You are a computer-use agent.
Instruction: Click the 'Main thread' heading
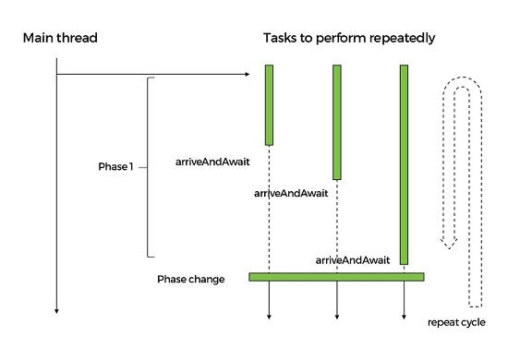[x=60, y=38]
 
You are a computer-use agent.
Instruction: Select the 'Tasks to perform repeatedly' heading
[x=349, y=38]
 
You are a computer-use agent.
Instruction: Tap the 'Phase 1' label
[x=115, y=167]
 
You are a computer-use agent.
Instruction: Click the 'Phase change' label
[x=190, y=279]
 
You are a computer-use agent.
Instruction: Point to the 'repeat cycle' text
[x=456, y=322]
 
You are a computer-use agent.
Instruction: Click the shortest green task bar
[x=269, y=104]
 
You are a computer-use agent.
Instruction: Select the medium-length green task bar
[x=337, y=122]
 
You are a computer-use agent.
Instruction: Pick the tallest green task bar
[x=404, y=164]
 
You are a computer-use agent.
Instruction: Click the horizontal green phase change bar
[x=336, y=276]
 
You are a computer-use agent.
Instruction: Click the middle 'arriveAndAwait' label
[x=291, y=193]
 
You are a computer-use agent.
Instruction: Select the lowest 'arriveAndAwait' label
[x=352, y=261]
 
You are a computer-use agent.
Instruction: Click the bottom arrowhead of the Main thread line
[x=56, y=311]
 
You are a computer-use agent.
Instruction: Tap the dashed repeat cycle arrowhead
[x=448, y=244]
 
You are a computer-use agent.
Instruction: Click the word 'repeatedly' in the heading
[x=402, y=38]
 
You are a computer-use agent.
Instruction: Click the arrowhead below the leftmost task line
[x=269, y=316]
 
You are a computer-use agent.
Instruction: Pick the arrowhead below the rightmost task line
[x=404, y=316]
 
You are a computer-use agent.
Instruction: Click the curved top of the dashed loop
[x=461, y=79]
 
